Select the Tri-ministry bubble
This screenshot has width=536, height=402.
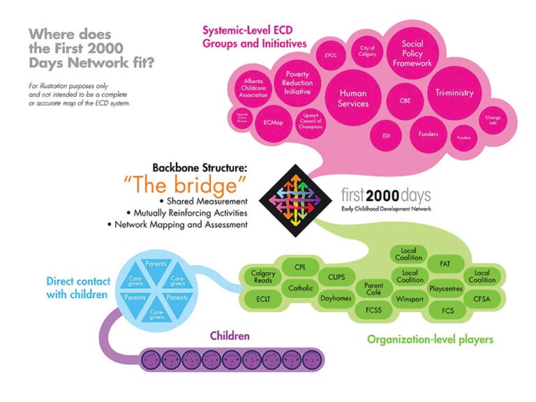click(454, 93)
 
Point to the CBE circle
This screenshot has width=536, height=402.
click(405, 99)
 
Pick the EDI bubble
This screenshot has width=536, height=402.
click(385, 135)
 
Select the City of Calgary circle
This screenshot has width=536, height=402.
click(367, 51)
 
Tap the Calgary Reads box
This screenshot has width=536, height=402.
click(263, 276)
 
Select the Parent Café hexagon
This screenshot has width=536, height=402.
click(368, 289)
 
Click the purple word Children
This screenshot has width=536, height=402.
click(230, 336)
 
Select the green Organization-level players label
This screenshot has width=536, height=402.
click(429, 340)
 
